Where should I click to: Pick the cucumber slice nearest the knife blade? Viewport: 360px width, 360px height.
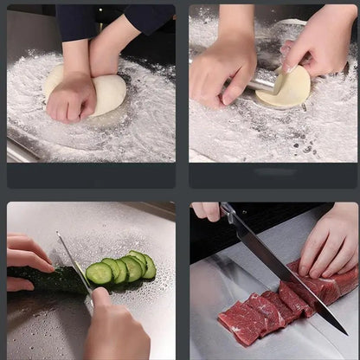click(99, 274)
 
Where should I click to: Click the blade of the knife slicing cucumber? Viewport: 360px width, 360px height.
click(75, 268)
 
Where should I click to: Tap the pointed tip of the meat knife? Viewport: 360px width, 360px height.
click(344, 332)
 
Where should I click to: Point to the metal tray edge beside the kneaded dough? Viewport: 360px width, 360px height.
click(22, 151)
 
